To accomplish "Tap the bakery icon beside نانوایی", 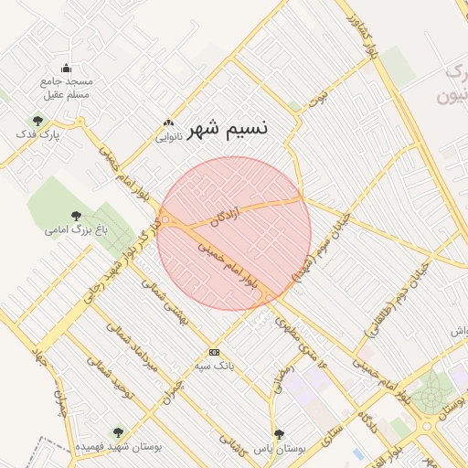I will (167, 123).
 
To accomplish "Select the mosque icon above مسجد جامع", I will (66, 68).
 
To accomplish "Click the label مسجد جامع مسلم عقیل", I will (66, 87).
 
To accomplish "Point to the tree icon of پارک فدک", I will (37, 121).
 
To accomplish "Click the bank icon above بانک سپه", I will (214, 352).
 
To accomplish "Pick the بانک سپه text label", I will (214, 367).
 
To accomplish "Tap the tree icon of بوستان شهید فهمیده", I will (117, 431).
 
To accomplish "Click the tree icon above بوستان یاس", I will (279, 434).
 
